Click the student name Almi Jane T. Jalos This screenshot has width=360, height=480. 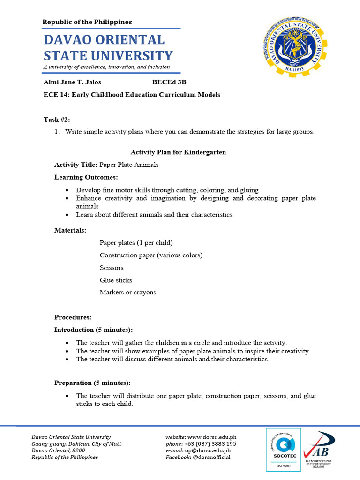click(x=72, y=82)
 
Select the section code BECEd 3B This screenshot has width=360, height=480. click(x=169, y=82)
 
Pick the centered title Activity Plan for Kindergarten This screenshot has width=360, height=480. click(x=178, y=152)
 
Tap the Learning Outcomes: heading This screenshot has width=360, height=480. click(x=86, y=177)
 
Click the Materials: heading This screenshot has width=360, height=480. click(x=70, y=230)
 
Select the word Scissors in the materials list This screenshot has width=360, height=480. click(x=112, y=268)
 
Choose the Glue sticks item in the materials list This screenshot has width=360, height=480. click(x=116, y=280)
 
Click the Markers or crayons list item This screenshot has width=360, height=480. click(x=128, y=292)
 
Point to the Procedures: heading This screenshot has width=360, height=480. click(x=73, y=317)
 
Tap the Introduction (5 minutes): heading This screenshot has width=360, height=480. click(x=93, y=330)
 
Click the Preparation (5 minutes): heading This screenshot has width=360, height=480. click(x=92, y=383)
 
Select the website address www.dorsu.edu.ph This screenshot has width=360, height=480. click(x=212, y=437)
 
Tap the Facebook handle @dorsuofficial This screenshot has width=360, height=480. click(x=211, y=457)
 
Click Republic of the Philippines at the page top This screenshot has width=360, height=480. click(x=87, y=22)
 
